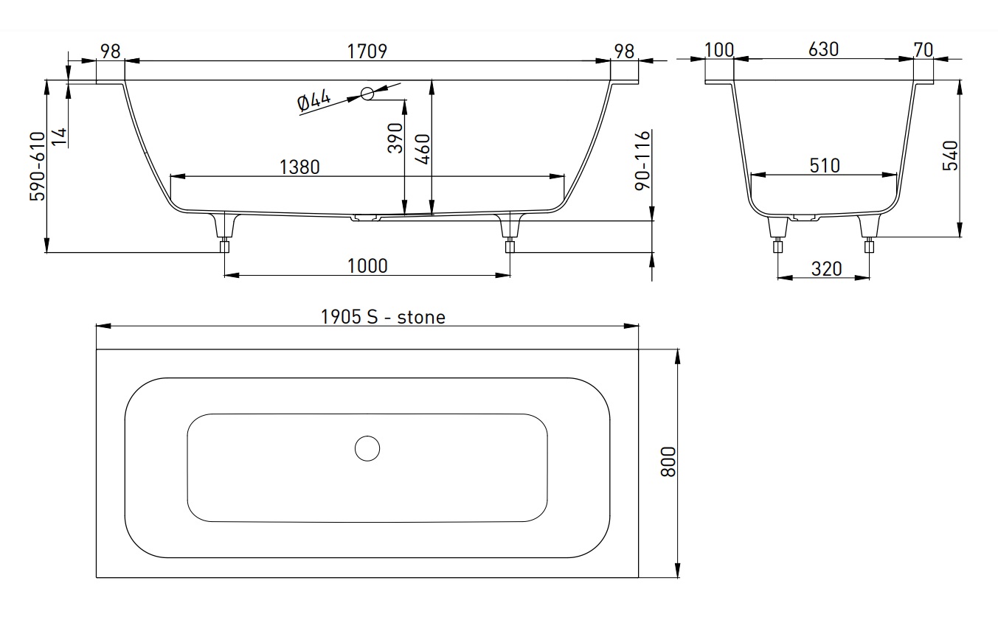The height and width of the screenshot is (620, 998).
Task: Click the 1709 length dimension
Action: coord(367,51)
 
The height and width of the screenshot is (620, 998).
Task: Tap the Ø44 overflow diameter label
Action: coord(314,100)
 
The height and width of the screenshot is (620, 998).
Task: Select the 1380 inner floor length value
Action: coord(299,167)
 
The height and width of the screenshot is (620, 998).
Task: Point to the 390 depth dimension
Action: coord(395,138)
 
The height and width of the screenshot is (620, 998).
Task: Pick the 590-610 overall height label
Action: coord(38,166)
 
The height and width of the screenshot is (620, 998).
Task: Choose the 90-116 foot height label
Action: coord(643,161)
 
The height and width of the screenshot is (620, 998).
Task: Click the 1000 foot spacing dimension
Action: coord(367,266)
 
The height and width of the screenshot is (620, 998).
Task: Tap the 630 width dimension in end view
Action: coord(823,49)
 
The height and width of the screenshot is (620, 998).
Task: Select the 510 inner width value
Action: coord(825,166)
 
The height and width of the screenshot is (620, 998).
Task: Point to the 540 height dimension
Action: coord(950,156)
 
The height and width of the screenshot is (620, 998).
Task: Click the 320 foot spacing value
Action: coord(826,269)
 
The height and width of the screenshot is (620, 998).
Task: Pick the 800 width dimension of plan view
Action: coord(668,462)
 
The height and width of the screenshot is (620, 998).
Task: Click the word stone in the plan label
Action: coord(421,318)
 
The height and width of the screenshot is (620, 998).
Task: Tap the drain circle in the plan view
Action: coord(367,448)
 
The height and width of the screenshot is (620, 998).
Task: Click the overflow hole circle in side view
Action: coord(367,94)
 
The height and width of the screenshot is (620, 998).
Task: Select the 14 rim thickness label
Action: coord(59,137)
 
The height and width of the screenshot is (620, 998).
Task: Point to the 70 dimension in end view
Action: coord(924,50)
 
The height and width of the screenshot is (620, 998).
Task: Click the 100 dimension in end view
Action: coord(719,50)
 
